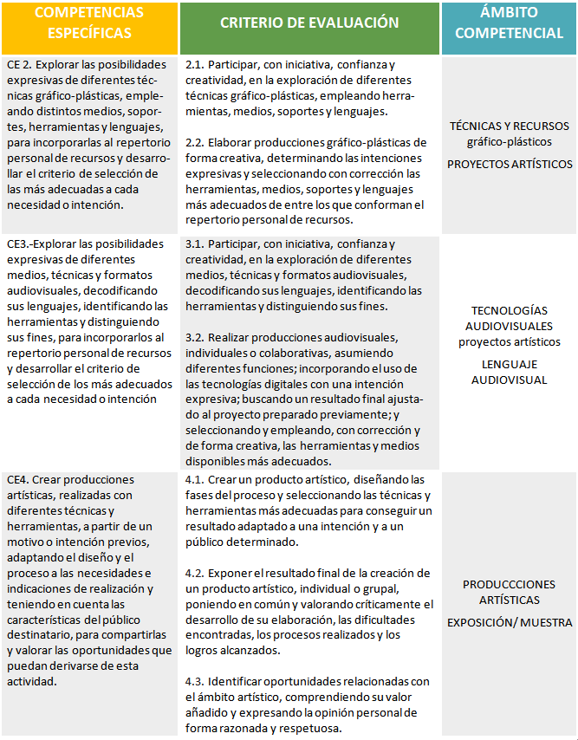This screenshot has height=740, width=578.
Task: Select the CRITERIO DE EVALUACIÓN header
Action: [309, 23]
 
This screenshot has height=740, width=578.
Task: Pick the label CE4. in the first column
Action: [16, 479]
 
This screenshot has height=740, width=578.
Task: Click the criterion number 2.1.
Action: [195, 65]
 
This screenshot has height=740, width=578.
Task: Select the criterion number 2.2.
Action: [195, 143]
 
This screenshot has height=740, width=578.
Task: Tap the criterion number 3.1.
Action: [195, 244]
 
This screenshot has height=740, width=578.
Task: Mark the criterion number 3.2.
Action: [195, 337]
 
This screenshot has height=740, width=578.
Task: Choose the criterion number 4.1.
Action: [195, 479]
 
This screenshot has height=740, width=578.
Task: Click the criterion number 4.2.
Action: [195, 573]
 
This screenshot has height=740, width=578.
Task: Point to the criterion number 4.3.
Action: [195, 682]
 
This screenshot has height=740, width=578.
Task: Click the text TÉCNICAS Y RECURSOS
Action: [509, 126]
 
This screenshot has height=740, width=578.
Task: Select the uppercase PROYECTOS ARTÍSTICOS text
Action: [509, 164]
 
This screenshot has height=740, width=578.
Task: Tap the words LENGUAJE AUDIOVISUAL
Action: [509, 372]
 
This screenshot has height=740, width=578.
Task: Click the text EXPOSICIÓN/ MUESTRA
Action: [509, 622]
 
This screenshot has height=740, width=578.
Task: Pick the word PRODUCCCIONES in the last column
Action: [509, 584]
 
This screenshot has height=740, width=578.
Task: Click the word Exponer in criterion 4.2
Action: [231, 573]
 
